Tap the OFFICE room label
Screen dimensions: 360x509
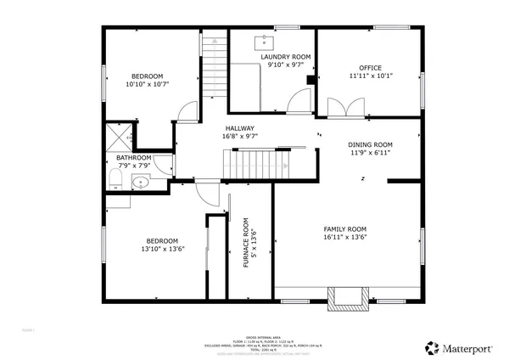(369, 68)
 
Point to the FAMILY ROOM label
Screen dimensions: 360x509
(344, 229)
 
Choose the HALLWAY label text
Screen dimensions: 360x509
(239, 127)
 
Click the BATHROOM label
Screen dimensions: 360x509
(134, 158)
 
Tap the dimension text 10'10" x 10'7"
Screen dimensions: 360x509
(148, 84)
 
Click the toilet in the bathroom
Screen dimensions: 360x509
(115, 177)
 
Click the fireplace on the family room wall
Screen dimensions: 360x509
(349, 295)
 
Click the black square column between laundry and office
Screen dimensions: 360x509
(310, 81)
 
